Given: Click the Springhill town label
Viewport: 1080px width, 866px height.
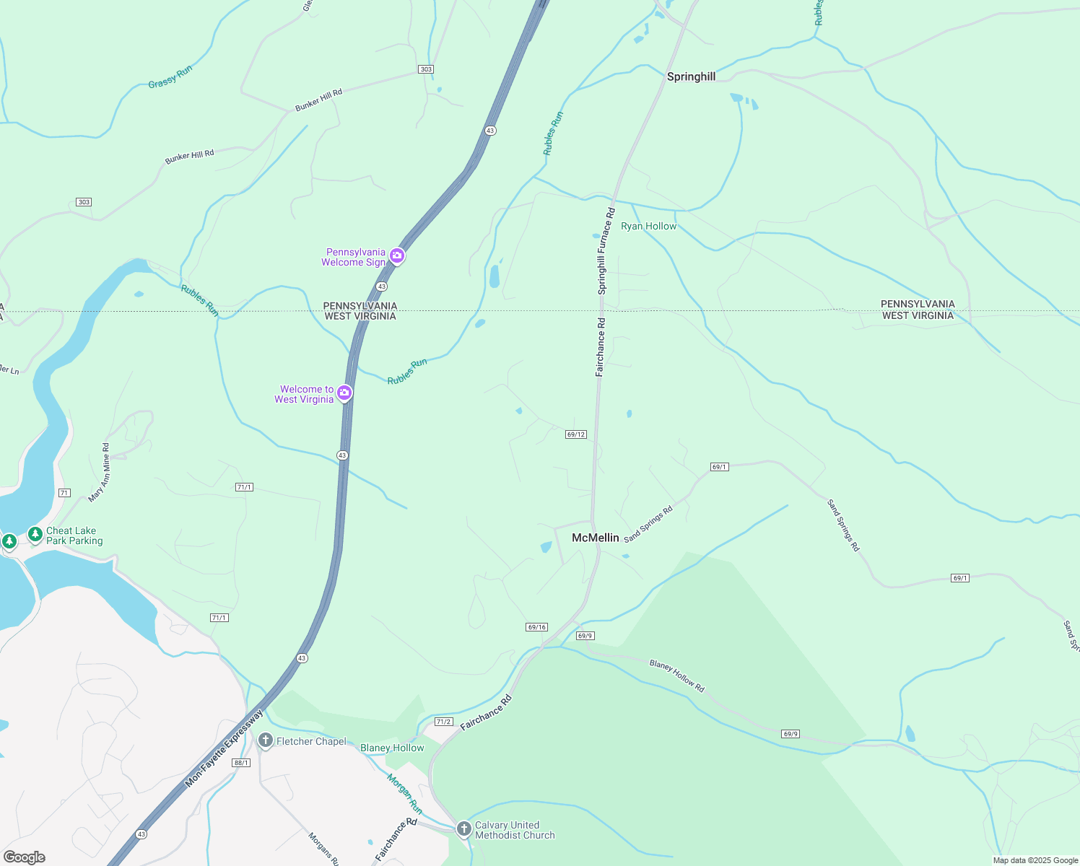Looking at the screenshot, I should coord(691,76).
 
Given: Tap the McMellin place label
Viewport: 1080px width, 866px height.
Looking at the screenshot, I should coord(595,538).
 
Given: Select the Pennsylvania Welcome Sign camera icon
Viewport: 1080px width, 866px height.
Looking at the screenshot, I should coord(396,256).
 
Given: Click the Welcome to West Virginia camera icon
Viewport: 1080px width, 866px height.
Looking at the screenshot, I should coord(344,393).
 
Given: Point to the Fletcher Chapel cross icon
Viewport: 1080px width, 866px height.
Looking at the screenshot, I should coord(265,740).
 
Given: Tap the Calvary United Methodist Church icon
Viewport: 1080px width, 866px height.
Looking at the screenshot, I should coord(464,829).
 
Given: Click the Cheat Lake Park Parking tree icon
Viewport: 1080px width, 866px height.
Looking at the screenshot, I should coord(35,535).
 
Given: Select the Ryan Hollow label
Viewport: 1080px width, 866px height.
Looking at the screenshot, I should coord(648,226).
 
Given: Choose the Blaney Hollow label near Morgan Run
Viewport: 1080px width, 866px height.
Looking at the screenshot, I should coord(392,748).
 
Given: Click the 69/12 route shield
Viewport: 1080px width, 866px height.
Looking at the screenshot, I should coord(576,434).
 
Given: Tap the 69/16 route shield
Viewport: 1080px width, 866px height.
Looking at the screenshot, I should coord(536,627).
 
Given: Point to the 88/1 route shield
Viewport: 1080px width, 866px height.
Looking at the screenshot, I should coord(241,763).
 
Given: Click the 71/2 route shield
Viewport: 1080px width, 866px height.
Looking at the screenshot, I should coord(443,722).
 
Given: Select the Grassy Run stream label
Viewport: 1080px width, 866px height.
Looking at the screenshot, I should coord(170,76).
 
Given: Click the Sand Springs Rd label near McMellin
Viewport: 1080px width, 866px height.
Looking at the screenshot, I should coord(648,524).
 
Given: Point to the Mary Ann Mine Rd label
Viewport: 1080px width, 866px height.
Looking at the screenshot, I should coord(98,473).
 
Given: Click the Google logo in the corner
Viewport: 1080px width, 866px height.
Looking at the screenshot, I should coord(25,857).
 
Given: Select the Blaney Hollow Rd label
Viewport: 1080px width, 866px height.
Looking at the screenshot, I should coord(676,676).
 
